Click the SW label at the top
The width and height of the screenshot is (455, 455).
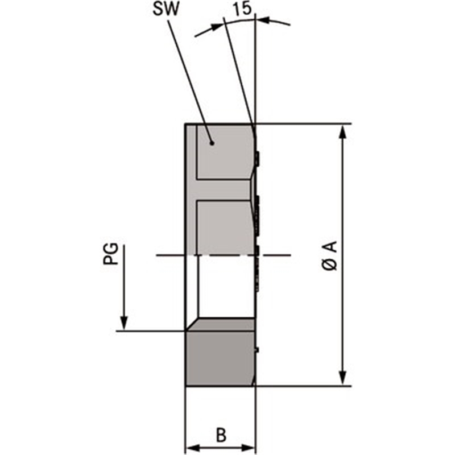pyautogui.click(x=166, y=9)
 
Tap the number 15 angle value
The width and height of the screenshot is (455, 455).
pyautogui.click(x=242, y=9)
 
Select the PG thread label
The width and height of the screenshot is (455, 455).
pyautogui.click(x=111, y=254)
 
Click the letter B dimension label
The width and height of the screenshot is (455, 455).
pyautogui.click(x=221, y=435)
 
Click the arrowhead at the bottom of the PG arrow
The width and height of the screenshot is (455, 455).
pyautogui.click(x=124, y=324)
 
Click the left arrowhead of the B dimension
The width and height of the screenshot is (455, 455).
pyautogui.click(x=192, y=448)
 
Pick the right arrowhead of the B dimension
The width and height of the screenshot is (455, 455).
pyautogui.click(x=247, y=448)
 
